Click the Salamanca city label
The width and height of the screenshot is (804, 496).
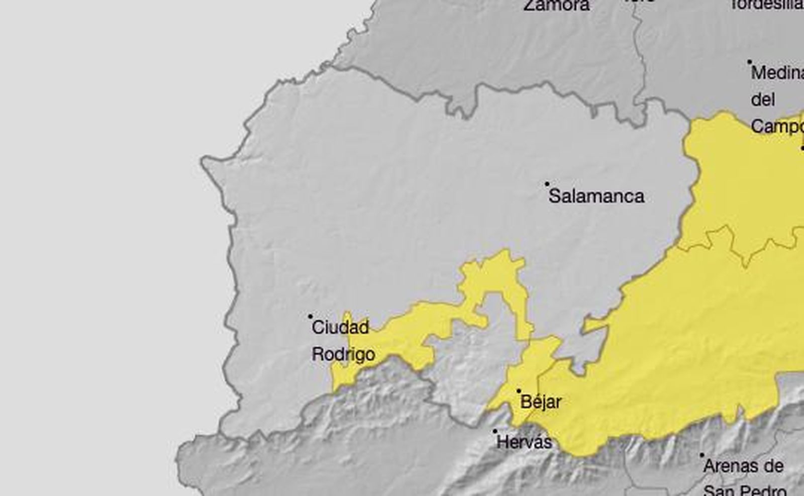coord(596,196)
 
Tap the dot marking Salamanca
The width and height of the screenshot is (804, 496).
coord(547,184)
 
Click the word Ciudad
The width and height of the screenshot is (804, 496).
coord(340,328)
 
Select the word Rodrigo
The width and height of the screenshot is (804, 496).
coord(343,354)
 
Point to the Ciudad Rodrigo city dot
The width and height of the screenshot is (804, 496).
coord(310,316)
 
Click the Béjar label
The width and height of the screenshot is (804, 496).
coord(541,402)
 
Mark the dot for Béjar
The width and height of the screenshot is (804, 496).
coord(519,390)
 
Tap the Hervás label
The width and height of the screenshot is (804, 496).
coord(524,442)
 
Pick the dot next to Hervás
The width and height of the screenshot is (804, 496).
coord(495,431)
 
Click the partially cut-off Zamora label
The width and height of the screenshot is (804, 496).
coord(556,5)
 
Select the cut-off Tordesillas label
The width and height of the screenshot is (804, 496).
coord(766,4)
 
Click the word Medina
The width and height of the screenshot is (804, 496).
coord(777,73)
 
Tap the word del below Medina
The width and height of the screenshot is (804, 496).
coord(763,100)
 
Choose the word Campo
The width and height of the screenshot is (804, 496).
coord(777,126)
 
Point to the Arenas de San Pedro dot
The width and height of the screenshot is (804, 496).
coord(702,455)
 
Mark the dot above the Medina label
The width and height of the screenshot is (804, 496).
coord(749,62)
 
